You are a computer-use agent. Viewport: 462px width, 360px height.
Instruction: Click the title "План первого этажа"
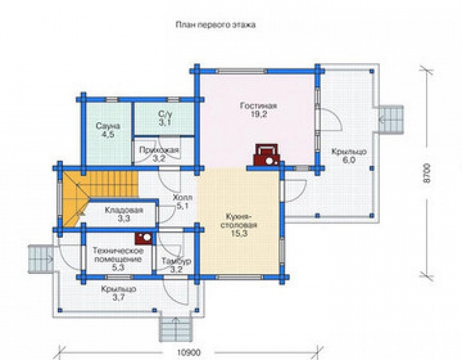coord(215,25)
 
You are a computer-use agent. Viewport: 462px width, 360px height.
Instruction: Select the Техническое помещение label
coord(118,255)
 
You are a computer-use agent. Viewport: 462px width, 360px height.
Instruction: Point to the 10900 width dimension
coord(189,353)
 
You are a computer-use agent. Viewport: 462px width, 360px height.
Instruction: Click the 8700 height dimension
coord(427,173)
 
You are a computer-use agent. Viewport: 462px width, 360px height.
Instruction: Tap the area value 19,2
coord(259,114)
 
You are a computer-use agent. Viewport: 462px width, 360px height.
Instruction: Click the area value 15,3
coord(240,233)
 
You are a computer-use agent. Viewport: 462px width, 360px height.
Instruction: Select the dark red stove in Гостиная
coord(266,155)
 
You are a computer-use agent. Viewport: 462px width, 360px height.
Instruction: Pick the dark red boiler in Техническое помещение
coord(144,238)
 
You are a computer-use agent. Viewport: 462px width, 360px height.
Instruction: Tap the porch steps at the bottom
coord(176,329)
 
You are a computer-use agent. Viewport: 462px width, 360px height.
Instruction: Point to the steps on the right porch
coord(390,120)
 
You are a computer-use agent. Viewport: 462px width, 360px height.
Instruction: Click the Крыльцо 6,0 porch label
coord(349,156)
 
